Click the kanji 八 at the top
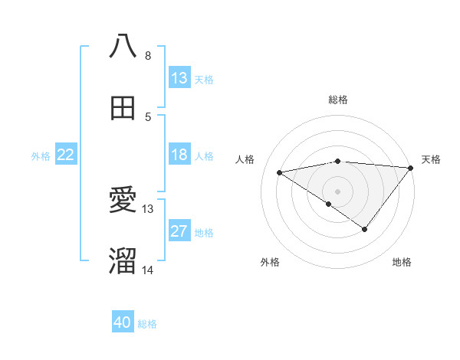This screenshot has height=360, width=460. (x=123, y=47)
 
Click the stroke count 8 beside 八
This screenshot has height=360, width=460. (x=148, y=56)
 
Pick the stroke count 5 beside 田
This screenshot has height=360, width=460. (x=148, y=117)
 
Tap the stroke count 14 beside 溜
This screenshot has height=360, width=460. (x=148, y=270)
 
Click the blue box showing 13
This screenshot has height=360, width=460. (x=179, y=78)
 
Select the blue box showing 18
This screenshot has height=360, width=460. (x=179, y=155)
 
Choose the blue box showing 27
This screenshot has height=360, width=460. (x=179, y=231)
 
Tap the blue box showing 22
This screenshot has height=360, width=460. (x=65, y=155)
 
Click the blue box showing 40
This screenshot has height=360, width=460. (x=123, y=323)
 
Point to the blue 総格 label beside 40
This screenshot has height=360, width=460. (x=147, y=324)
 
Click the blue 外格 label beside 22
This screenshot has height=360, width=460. (x=41, y=155)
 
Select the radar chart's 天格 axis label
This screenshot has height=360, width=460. (x=431, y=159)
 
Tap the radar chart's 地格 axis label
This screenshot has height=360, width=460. (x=402, y=262)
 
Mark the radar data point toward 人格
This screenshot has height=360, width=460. (x=279, y=172)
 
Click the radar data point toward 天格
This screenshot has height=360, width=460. (x=412, y=168)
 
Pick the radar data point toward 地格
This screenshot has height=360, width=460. (x=365, y=229)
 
